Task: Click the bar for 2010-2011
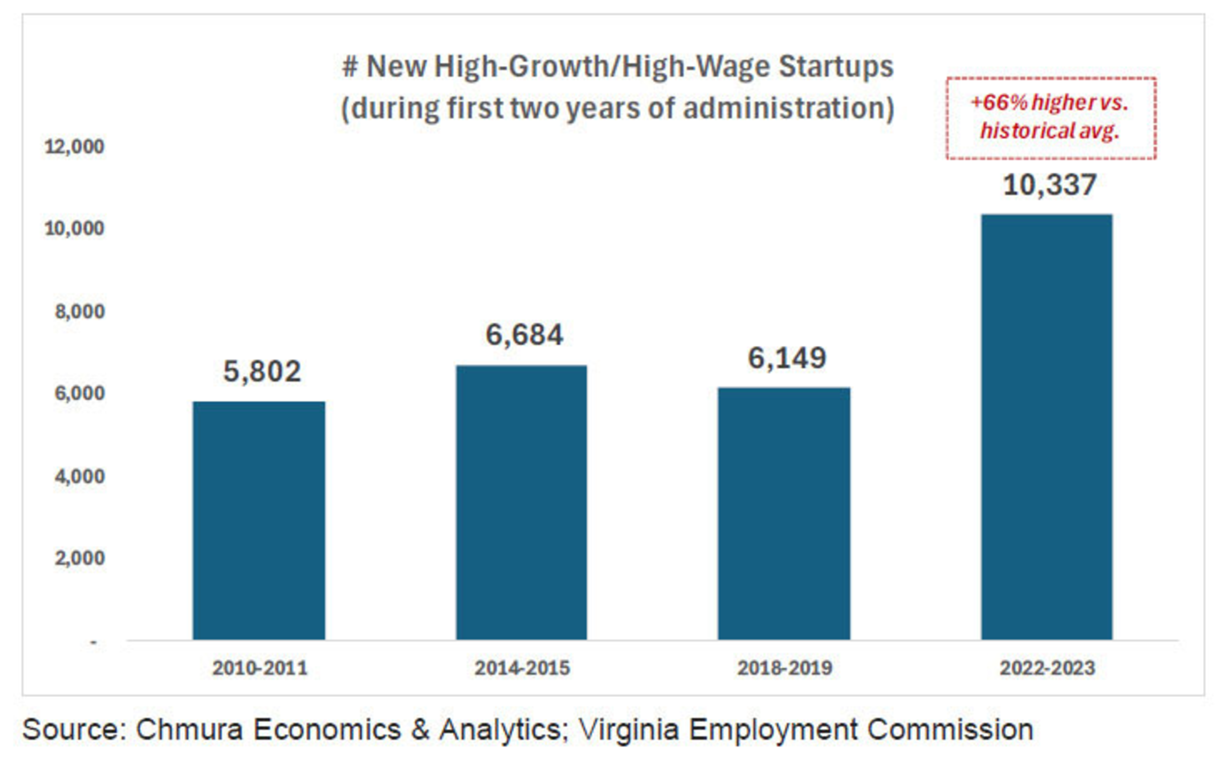click(x=259, y=520)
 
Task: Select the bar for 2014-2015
click(x=521, y=502)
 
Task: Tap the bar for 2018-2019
click(x=784, y=513)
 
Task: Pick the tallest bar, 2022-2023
click(x=1047, y=427)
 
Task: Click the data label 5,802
click(x=262, y=371)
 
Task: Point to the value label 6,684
click(x=524, y=335)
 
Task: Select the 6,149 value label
click(x=786, y=358)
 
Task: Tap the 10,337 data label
click(x=1049, y=185)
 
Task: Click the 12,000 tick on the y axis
click(x=74, y=146)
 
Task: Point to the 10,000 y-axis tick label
click(x=74, y=229)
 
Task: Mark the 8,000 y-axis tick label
click(x=79, y=312)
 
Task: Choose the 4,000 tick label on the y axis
click(x=79, y=476)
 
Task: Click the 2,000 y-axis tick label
click(x=79, y=558)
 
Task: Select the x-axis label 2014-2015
click(x=522, y=668)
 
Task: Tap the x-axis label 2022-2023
click(x=1047, y=668)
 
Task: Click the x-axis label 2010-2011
click(x=260, y=668)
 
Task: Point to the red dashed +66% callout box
click(x=1051, y=118)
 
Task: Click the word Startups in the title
click(x=836, y=67)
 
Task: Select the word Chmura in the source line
click(x=189, y=729)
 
